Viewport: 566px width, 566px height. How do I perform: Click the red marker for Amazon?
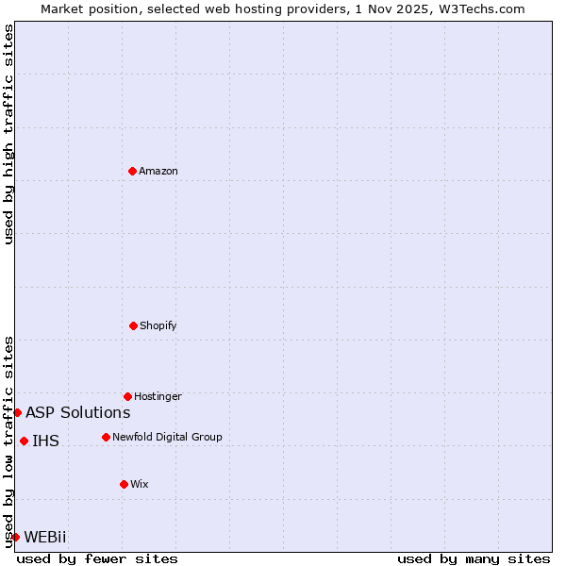pyautogui.click(x=133, y=171)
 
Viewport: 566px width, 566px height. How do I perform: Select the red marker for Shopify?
pyautogui.click(x=133, y=325)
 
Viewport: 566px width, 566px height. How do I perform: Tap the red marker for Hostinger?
pyautogui.click(x=127, y=396)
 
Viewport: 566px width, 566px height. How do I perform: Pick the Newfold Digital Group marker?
pyautogui.click(x=106, y=437)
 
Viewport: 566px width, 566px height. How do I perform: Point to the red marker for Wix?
pyautogui.click(x=124, y=484)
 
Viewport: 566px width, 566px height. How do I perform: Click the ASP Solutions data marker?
pyautogui.click(x=17, y=412)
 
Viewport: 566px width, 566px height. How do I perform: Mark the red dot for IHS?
pyautogui.click(x=24, y=441)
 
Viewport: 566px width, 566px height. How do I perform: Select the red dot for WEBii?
pyautogui.click(x=15, y=537)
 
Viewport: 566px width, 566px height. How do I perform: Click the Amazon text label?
pyautogui.click(x=158, y=171)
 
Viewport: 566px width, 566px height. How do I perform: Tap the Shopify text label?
pyautogui.click(x=158, y=325)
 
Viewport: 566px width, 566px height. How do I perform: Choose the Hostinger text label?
pyautogui.click(x=158, y=396)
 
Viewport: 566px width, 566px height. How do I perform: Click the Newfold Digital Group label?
pyautogui.click(x=167, y=437)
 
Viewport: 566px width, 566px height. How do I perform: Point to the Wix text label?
pyautogui.click(x=140, y=484)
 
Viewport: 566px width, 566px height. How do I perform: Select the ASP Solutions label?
pyautogui.click(x=78, y=412)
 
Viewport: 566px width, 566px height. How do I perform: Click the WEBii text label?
pyautogui.click(x=45, y=537)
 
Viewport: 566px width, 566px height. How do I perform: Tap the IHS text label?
pyautogui.click(x=45, y=441)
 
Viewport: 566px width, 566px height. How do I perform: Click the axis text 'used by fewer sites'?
pyautogui.click(x=97, y=558)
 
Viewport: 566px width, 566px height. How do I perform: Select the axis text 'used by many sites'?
pyautogui.click(x=474, y=558)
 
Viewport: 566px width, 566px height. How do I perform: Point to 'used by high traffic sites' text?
pyautogui.click(x=8, y=134)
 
